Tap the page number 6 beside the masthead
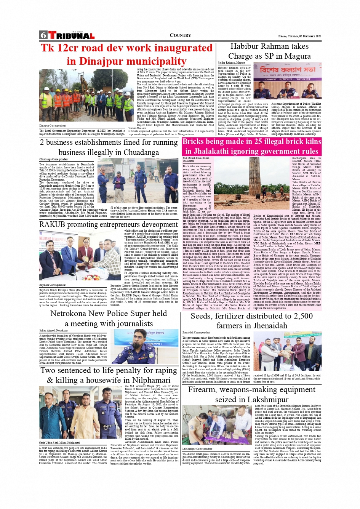coord(43,35)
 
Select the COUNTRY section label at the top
coord(180,35)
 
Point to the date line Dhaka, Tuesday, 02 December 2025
coord(299,36)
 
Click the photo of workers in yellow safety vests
coord(87,95)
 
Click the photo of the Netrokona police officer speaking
coord(146,346)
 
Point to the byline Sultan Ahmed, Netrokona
coord(54,331)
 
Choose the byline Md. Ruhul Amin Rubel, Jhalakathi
coord(196,159)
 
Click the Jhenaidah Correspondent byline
coord(196,333)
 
